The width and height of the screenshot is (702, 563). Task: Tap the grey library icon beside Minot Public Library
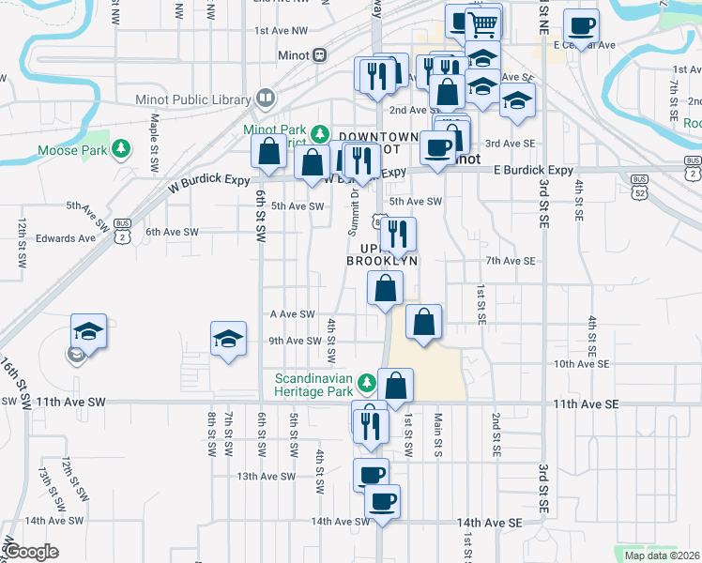point(266,99)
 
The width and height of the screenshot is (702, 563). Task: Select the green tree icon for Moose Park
point(121,148)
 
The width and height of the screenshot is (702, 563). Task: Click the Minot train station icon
point(319,54)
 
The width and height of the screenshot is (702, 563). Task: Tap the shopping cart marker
point(482,24)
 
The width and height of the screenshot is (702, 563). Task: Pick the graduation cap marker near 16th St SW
point(88,330)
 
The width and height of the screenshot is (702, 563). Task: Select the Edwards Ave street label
point(66,238)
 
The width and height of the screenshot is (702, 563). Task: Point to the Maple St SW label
point(154,143)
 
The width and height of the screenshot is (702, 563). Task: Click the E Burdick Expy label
point(532,170)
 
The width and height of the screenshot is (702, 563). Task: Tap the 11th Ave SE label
point(587,403)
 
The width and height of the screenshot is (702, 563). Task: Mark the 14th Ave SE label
point(488,522)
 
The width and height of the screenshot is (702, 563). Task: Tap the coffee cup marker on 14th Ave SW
point(382,501)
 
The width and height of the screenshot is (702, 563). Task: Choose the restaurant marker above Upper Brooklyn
point(398,235)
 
